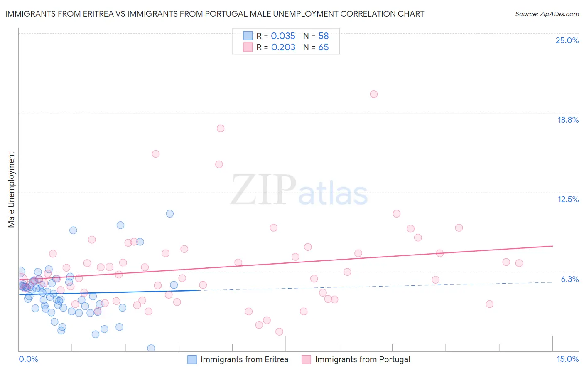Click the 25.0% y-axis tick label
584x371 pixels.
567,40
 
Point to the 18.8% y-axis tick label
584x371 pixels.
568,120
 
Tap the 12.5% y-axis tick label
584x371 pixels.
568,199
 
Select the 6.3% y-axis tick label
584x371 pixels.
569,279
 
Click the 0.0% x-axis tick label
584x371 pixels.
28,359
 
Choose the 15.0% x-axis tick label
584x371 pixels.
567,359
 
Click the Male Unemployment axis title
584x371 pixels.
11,190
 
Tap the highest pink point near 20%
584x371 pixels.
374,94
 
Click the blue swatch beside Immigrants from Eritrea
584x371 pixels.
192,359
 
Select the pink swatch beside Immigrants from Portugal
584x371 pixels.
306,359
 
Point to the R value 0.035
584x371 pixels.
283,36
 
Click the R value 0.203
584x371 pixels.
283,47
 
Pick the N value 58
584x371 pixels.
323,36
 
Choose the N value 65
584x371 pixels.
323,47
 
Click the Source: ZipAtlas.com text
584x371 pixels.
547,14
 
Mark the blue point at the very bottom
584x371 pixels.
151,348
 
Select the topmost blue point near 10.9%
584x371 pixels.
170,214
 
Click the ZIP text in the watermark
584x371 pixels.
263,190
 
